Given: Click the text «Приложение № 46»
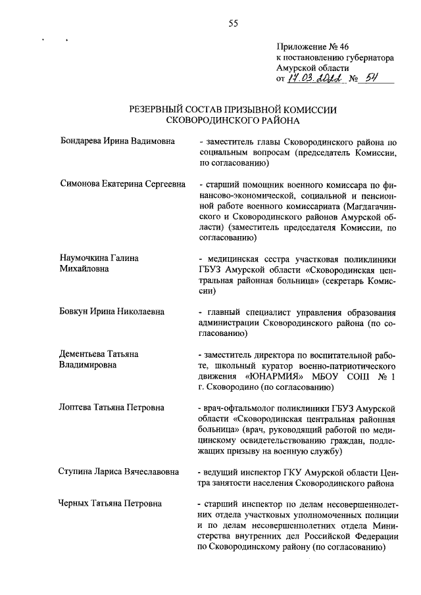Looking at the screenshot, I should [x=310, y=47].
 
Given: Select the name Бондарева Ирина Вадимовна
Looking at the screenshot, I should [x=117, y=141].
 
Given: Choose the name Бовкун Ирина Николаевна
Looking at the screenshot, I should [x=112, y=312].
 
